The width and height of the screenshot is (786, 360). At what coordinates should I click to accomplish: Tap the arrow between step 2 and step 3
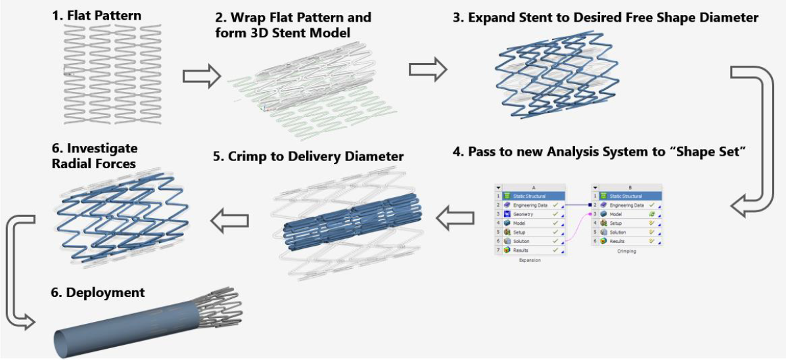tap(428, 69)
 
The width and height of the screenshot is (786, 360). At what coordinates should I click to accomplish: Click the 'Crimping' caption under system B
tap(626, 252)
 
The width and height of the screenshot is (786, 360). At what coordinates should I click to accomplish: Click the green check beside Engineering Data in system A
tap(555, 205)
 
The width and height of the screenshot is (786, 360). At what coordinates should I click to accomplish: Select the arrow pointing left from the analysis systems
tap(456, 217)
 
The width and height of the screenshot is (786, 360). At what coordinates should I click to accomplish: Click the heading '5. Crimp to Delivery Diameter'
tap(309, 157)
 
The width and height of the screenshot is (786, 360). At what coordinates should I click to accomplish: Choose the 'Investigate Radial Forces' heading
tap(95, 156)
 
